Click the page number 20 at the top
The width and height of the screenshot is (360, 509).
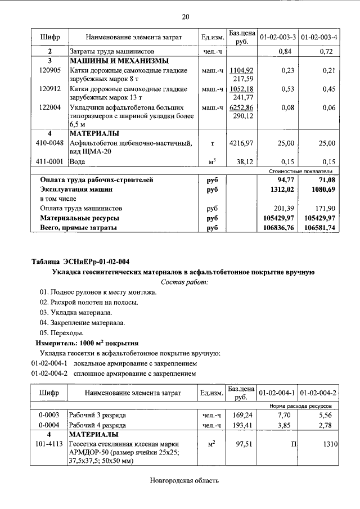[185, 17]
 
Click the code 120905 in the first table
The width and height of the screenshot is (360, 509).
[49, 71]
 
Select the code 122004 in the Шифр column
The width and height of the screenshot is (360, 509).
[49, 107]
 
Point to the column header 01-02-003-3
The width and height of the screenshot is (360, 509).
[277, 37]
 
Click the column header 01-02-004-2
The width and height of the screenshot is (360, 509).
[318, 392]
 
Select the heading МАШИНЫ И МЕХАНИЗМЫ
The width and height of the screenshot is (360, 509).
[119, 61]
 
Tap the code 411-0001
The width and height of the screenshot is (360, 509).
[49, 161]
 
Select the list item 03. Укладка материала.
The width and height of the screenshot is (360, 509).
[76, 312]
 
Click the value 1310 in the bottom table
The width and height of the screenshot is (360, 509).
[329, 444]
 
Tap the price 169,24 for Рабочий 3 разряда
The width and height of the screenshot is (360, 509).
[241, 415]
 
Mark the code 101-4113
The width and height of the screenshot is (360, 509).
[49, 444]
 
